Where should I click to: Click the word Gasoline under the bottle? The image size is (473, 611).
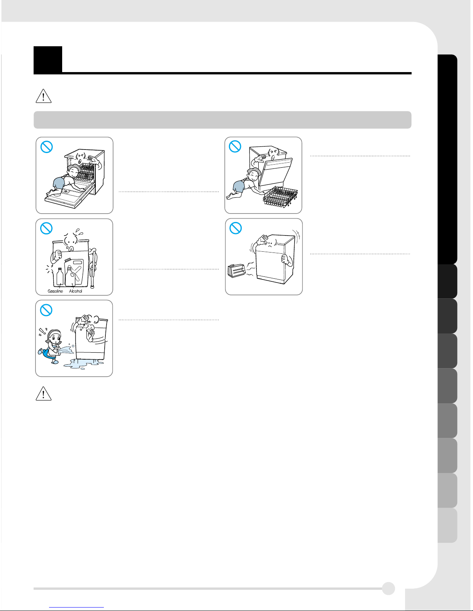55,291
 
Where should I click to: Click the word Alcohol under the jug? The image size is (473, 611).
75,291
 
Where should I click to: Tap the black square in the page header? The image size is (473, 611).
48,60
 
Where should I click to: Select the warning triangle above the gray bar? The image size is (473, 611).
43,96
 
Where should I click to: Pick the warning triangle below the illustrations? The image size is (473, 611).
43,393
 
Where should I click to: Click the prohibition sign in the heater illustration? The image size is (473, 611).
236,228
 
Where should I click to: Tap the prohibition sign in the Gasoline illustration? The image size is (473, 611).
46,228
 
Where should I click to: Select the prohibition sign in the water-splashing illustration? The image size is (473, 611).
46,310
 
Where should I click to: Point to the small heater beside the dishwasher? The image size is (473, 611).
236,271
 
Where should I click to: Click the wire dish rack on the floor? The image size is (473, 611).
280,197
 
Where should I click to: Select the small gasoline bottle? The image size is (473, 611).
60,276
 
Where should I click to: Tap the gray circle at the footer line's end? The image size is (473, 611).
388,588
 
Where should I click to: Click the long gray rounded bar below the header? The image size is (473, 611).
222,120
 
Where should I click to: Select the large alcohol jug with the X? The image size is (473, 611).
74,272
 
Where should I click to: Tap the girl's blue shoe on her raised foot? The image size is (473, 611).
41,352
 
